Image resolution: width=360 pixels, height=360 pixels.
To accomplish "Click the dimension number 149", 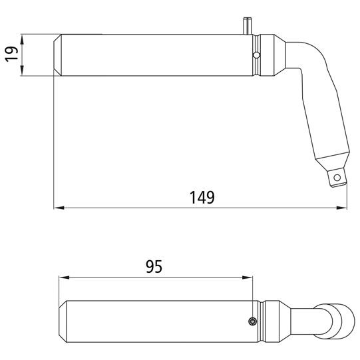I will pyautogui.click(x=201, y=198).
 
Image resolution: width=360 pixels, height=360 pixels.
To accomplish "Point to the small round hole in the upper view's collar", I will pyautogui.click(x=255, y=55).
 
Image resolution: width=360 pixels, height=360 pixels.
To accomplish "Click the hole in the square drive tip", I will pyautogui.click(x=339, y=177).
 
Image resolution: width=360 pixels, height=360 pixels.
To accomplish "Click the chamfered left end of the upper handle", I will pyautogui.click(x=57, y=55).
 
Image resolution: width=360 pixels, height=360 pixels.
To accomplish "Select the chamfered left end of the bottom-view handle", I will pyautogui.click(x=63, y=322).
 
